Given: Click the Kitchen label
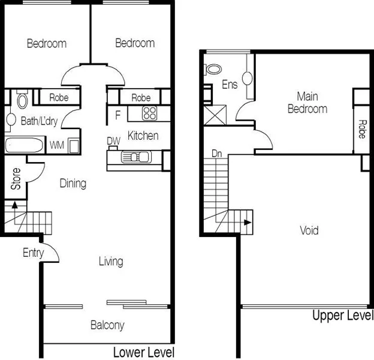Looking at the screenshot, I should tap(143, 136).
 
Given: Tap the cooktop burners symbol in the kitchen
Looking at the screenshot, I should tap(149, 112).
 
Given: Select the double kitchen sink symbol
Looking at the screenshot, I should tap(135, 157).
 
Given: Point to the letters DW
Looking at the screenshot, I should tap(113, 141).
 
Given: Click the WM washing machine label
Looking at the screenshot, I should tap(56, 145).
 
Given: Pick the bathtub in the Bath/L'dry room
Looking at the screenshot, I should tap(25, 145).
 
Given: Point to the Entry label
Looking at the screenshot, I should tap(34, 253).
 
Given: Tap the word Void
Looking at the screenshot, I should tap(309, 230).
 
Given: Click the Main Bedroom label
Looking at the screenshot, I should tap(307, 103).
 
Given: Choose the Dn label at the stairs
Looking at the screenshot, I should tap(217, 154).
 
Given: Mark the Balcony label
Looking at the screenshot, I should tap(107, 325).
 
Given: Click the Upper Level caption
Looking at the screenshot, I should tap(343, 316).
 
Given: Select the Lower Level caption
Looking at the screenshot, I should tap(144, 352).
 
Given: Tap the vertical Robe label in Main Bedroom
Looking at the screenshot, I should tap(362, 128).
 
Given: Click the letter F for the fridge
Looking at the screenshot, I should tap(117, 113).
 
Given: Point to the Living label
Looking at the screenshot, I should tap(111, 261).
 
